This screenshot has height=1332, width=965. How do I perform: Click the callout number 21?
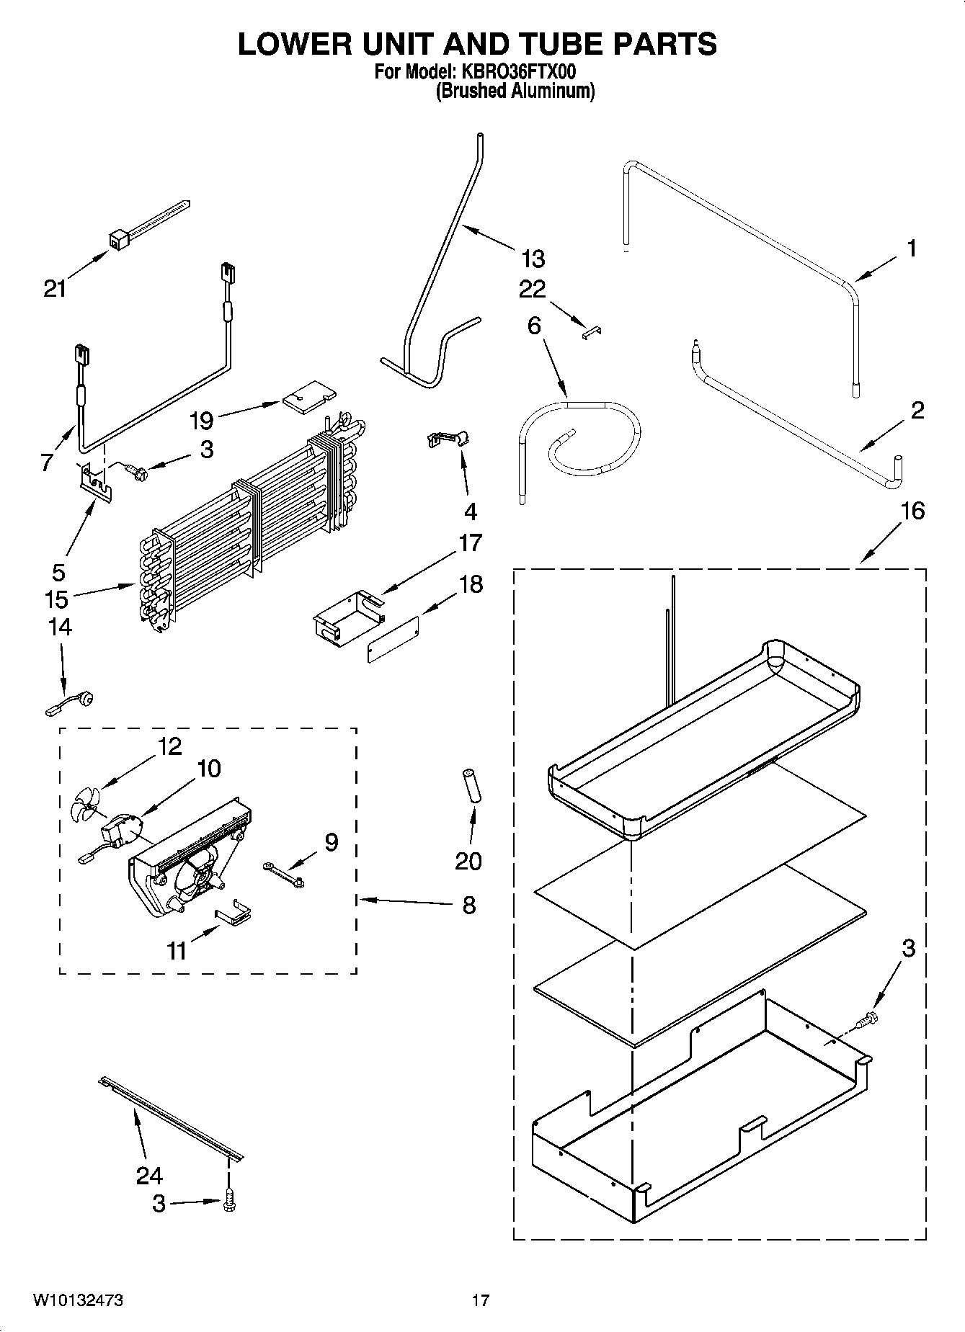[x=54, y=289]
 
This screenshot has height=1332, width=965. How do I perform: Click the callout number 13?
[x=533, y=259]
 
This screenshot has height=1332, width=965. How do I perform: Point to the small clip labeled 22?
[x=593, y=331]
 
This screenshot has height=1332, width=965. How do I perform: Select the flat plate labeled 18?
[x=393, y=638]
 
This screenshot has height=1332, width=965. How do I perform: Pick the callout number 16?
[x=912, y=511]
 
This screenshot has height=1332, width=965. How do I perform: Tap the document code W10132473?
[x=77, y=1300]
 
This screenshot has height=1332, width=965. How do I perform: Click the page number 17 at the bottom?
[x=481, y=1300]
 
